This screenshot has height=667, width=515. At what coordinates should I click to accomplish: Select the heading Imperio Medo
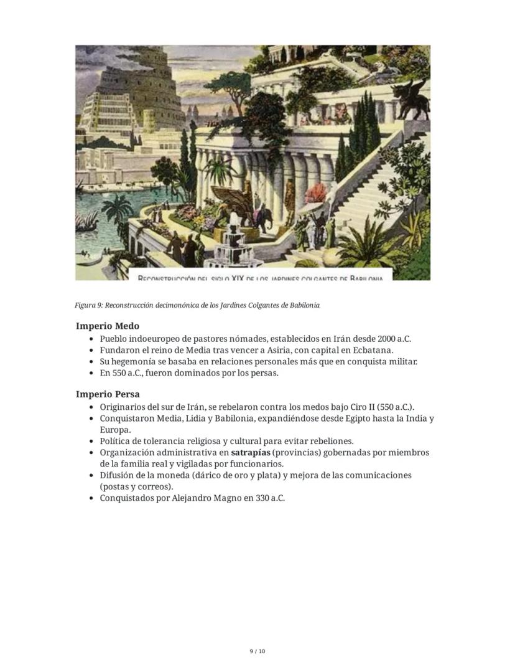pos(108,326)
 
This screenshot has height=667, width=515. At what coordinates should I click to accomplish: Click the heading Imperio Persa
pos(108,394)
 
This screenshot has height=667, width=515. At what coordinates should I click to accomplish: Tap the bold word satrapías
pos(251,453)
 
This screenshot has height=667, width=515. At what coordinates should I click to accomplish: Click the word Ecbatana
pos(372,351)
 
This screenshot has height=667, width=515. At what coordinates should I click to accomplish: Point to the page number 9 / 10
pos(257,651)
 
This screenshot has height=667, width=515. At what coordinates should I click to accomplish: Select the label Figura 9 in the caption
pos(88,305)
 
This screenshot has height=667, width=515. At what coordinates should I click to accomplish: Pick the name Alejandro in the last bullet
pos(193,498)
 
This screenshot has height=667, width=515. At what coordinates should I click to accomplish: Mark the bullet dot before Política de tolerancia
pos(91,442)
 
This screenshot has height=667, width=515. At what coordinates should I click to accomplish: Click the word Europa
pos(115,430)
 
